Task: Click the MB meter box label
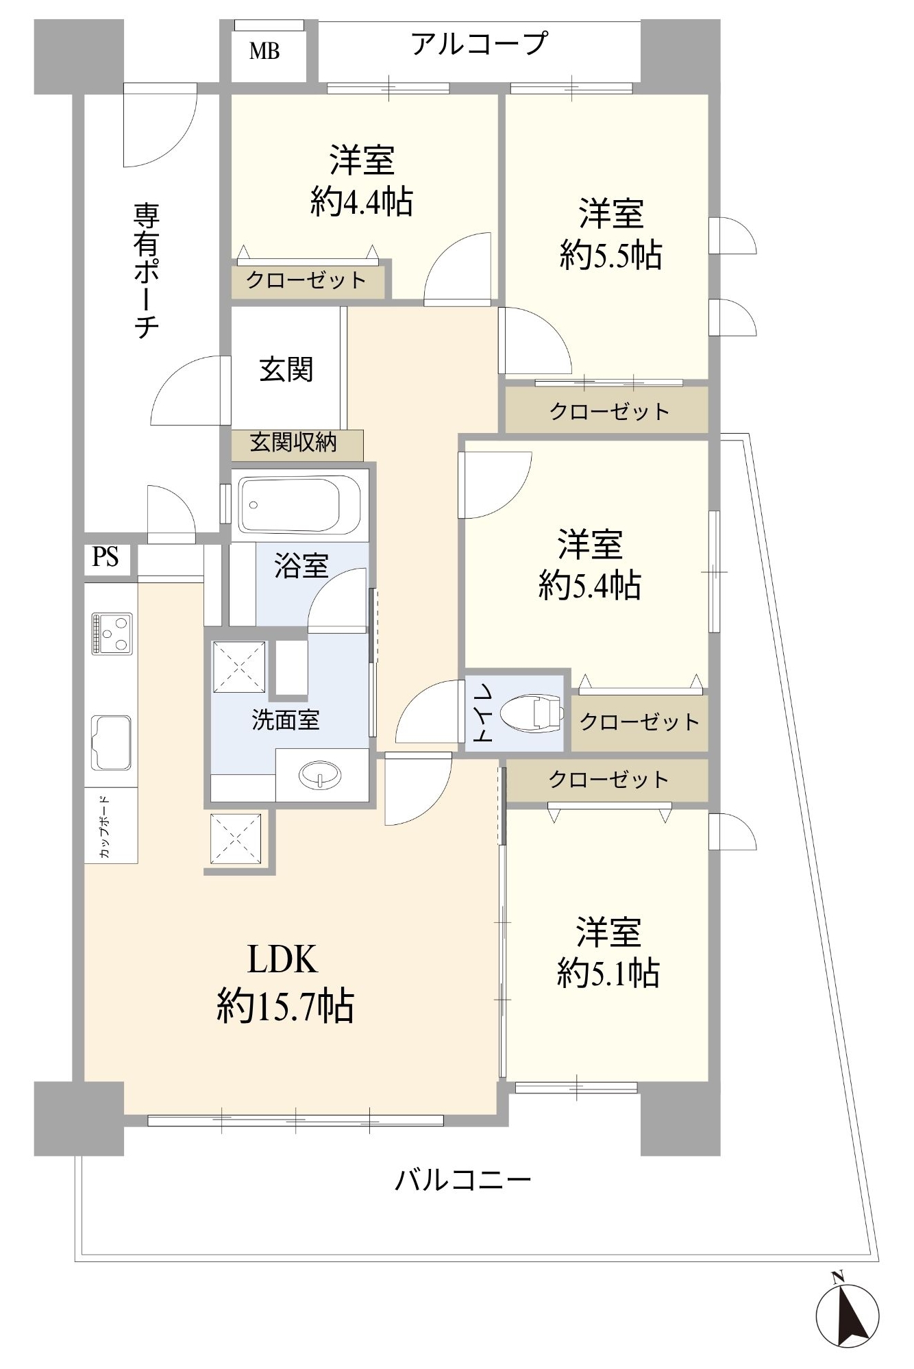264,51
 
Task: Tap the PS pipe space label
106,557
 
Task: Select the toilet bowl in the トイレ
531,713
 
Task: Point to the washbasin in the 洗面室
319,774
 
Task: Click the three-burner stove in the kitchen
112,633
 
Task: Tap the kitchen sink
112,742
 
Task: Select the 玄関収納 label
293,443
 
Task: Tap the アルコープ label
479,44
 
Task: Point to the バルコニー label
463,1180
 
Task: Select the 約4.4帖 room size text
362,201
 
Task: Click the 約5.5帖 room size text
610,256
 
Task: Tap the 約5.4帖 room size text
590,586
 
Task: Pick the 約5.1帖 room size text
608,973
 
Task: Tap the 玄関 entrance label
286,370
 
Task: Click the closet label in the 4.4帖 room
306,280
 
